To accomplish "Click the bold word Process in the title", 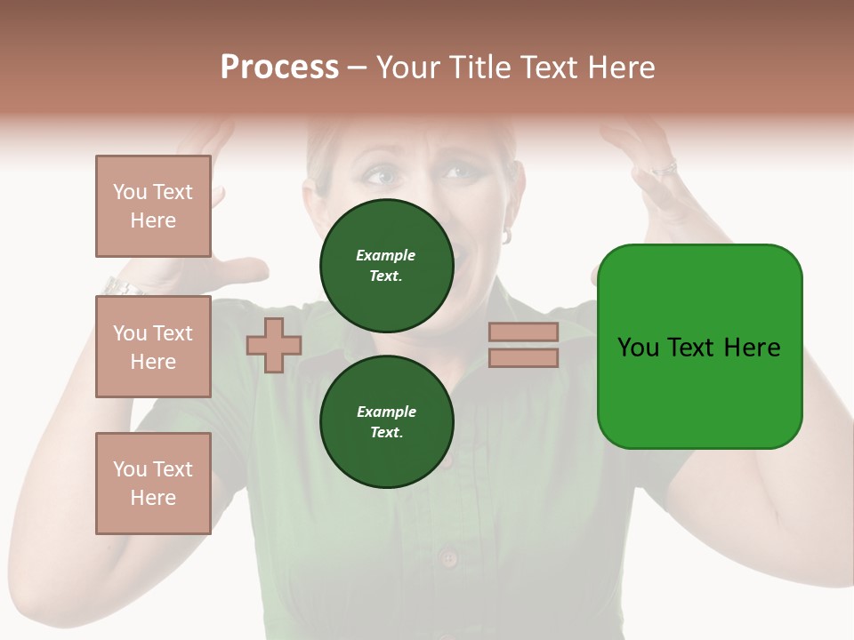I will (279, 68).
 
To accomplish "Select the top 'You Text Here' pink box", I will (153, 206).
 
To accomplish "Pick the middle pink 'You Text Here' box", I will (153, 347).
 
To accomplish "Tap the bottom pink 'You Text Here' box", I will (153, 484).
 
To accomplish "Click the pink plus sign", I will (274, 345).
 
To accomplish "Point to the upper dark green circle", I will (386, 265).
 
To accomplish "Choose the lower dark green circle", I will (386, 421).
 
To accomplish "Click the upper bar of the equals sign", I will (523, 332).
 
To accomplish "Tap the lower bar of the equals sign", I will (523, 358).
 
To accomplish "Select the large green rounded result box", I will (699, 347).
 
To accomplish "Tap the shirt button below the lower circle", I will (448, 559).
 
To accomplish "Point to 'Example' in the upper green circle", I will (386, 255).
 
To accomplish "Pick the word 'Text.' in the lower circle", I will (386, 432).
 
